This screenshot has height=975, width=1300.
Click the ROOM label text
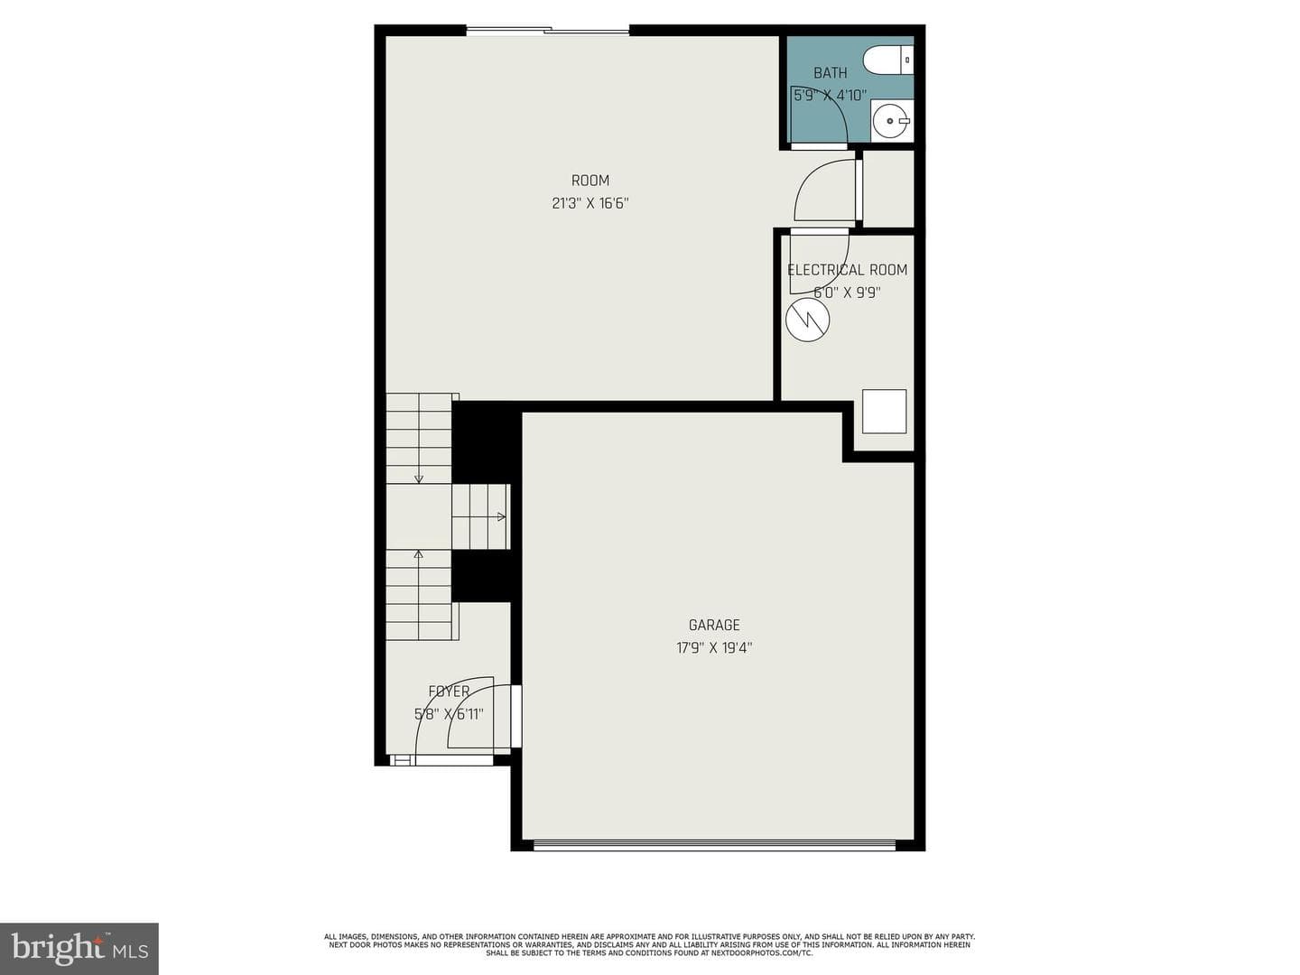[x=590, y=181]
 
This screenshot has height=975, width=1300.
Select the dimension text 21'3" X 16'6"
[x=590, y=204]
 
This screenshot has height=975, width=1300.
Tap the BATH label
[x=831, y=73]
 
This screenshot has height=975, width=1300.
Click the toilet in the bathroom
[x=888, y=60]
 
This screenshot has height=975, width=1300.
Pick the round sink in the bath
[x=891, y=121]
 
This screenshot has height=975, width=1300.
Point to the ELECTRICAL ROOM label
[x=848, y=270]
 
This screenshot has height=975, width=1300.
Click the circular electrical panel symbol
[x=807, y=320]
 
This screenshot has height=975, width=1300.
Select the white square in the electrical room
[x=884, y=412]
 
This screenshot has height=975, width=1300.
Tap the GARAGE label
[x=714, y=625]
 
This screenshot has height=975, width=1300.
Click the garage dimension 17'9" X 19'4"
[x=714, y=648]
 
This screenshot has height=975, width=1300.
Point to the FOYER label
[x=449, y=692]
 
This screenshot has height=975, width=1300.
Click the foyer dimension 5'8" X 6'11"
[x=449, y=714]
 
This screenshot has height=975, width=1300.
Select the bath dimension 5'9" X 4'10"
[x=831, y=96]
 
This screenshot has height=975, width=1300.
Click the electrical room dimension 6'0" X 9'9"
[x=848, y=292]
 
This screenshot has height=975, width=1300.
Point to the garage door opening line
[x=714, y=846]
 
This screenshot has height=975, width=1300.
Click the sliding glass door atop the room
[x=548, y=30]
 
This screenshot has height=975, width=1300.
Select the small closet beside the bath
[x=888, y=189]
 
